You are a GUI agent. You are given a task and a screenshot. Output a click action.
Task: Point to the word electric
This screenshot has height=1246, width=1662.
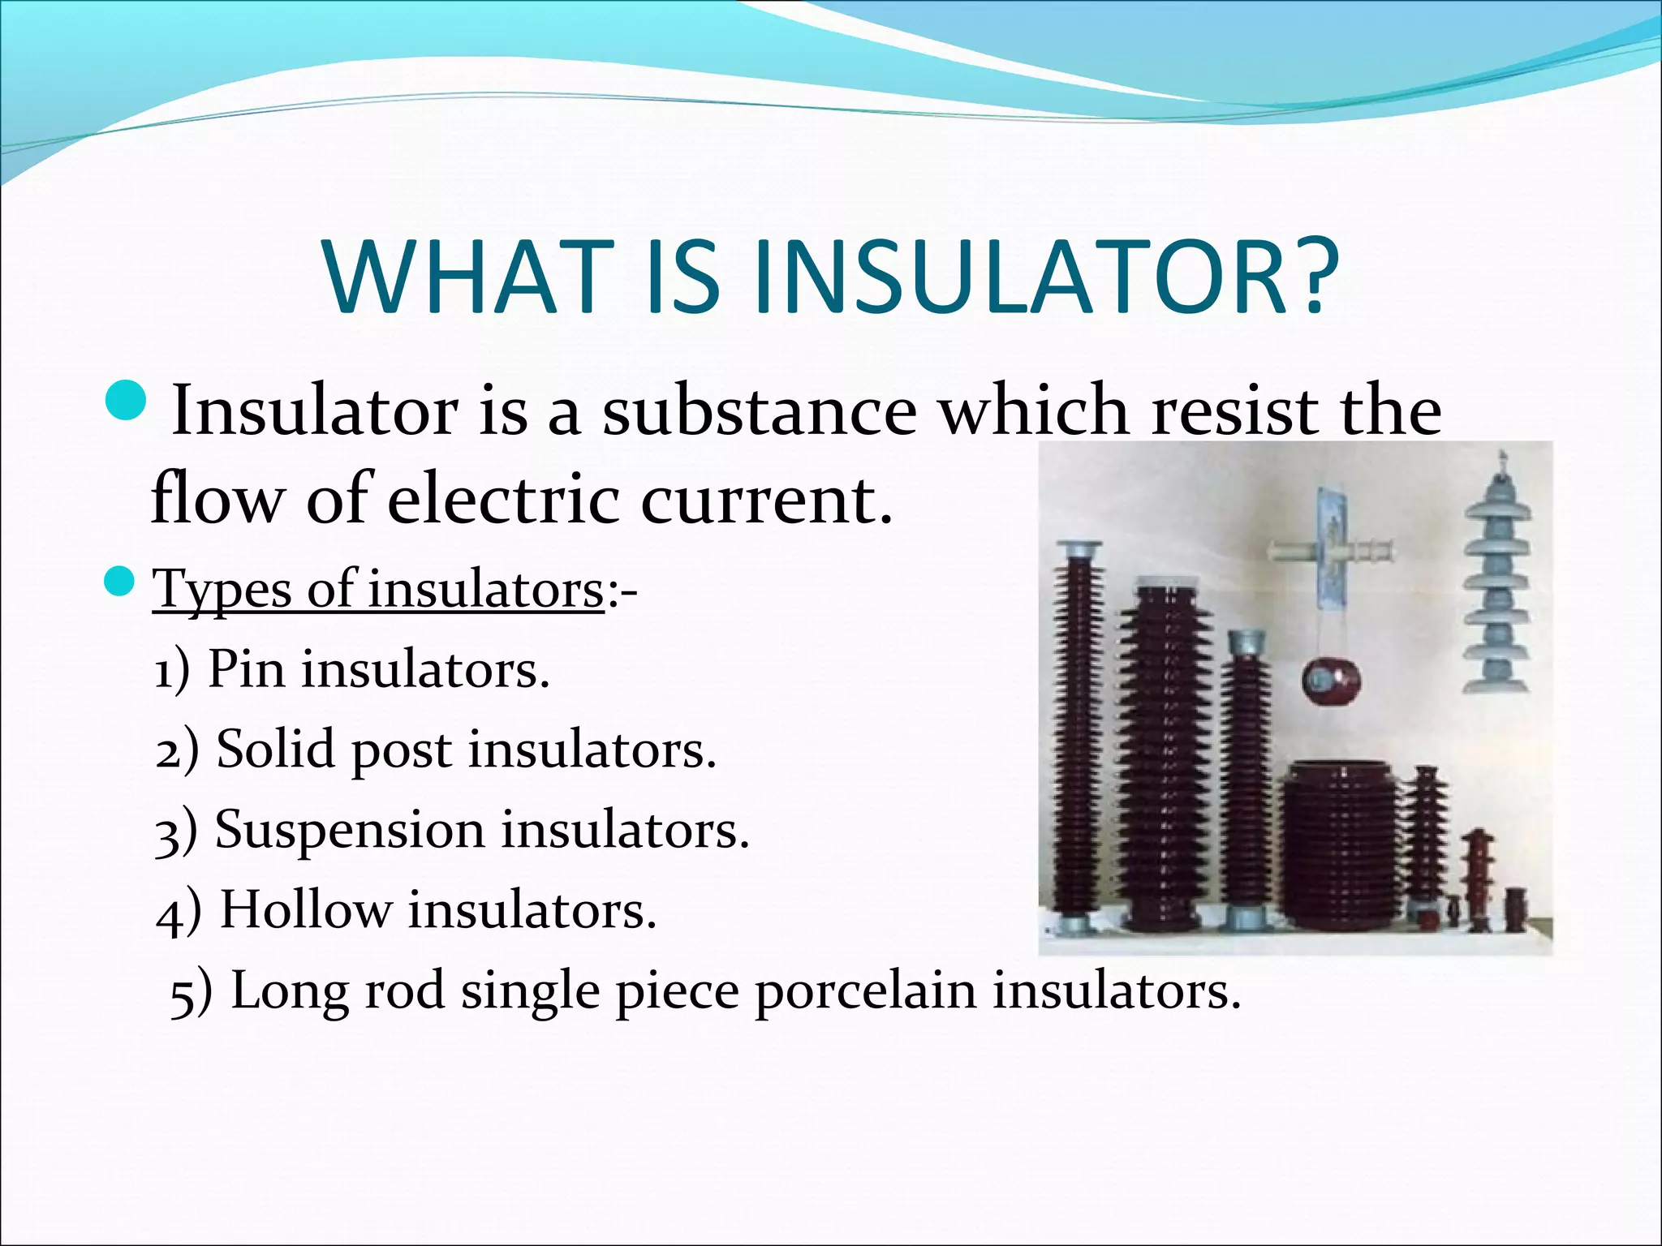(504, 500)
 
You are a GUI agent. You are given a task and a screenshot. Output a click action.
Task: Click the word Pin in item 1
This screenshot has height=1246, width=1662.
(246, 670)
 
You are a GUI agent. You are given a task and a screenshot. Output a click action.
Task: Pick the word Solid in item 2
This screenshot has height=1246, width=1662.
(275, 749)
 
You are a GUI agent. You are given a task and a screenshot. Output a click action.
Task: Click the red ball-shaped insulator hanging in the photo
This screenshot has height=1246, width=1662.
(1332, 681)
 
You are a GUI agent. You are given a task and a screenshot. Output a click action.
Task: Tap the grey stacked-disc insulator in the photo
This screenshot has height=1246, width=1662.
(1496, 584)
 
